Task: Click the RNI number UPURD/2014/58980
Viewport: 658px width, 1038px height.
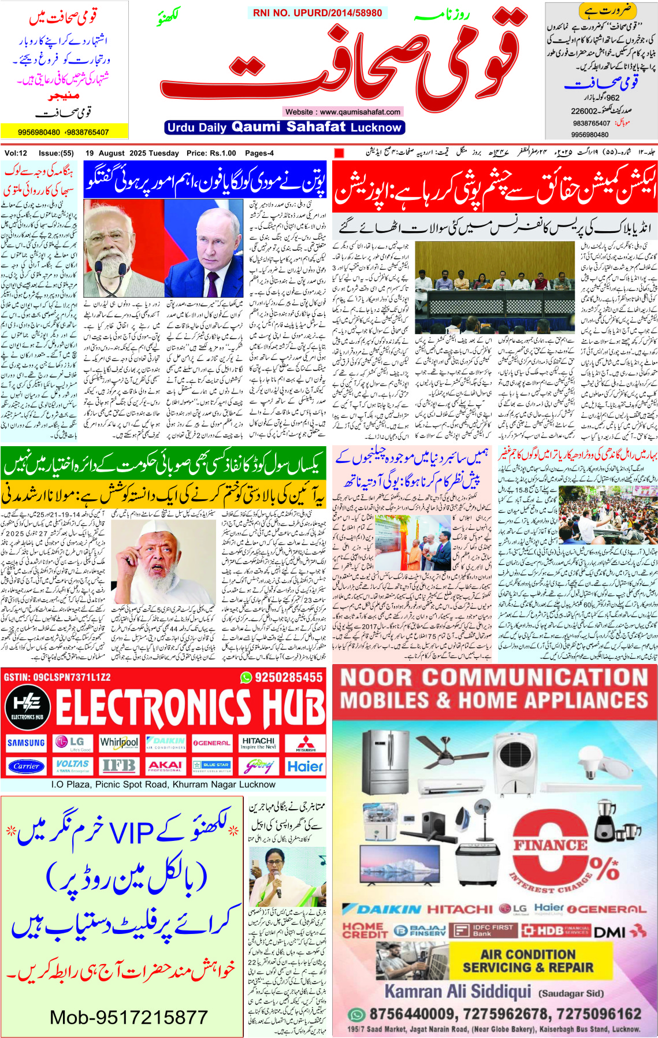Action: [x=317, y=13]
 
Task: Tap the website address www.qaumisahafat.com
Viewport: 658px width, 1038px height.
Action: [x=343, y=112]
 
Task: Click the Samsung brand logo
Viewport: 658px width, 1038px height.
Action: [x=26, y=743]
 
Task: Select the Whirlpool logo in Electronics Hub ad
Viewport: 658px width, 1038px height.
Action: [x=119, y=742]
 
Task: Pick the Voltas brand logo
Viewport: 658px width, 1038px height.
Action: [x=72, y=766]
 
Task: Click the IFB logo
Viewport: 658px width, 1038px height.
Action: [x=119, y=766]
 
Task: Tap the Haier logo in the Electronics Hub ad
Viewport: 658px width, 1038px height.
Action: [x=305, y=766]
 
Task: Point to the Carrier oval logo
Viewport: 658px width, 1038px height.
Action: [x=26, y=766]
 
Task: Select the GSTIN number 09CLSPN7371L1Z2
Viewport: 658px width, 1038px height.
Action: [x=57, y=677]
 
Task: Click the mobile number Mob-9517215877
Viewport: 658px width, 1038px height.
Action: [x=128, y=1017]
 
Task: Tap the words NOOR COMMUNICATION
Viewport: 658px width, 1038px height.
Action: [x=495, y=677]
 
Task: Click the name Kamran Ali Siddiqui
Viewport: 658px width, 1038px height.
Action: [x=458, y=991]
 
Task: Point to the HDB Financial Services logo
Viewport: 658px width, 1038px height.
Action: [x=555, y=931]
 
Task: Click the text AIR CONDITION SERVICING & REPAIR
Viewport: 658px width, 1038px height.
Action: [x=528, y=961]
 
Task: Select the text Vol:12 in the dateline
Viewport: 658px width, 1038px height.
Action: [x=16, y=153]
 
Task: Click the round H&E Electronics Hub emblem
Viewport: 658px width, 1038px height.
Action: [x=27, y=706]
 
